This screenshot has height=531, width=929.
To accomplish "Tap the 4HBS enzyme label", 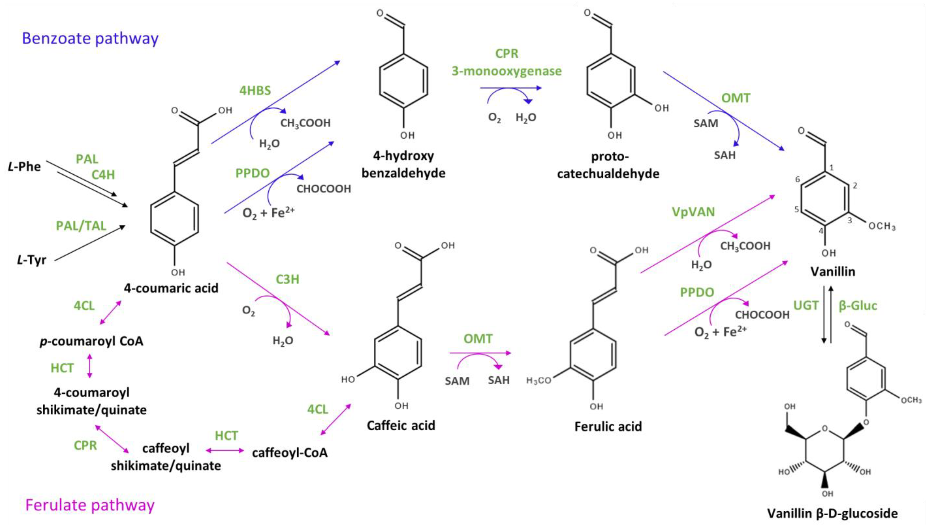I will (255, 90).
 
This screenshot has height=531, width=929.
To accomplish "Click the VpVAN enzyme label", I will (693, 212).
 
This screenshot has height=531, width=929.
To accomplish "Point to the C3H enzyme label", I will (287, 279).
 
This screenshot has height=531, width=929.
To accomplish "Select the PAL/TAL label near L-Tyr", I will (81, 226).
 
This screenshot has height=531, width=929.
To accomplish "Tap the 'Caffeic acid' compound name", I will (401, 425).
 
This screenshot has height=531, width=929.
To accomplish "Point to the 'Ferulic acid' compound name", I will (608, 426).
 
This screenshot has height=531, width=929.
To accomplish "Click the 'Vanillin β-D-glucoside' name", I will (832, 513).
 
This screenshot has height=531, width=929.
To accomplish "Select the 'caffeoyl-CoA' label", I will (290, 453).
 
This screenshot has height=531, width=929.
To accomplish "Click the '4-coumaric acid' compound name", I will (171, 288).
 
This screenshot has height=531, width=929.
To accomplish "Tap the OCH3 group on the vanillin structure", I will (882, 226).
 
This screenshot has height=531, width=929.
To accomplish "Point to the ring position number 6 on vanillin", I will (797, 179).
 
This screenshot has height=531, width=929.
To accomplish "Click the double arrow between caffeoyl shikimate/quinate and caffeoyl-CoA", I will (225, 450).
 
